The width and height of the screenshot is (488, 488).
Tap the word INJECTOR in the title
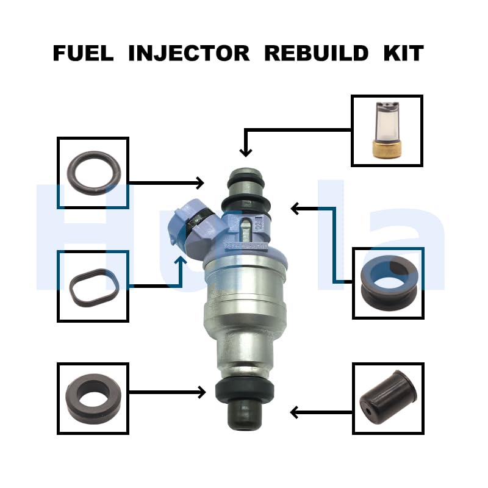(189, 53)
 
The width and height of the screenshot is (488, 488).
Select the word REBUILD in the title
(316, 53)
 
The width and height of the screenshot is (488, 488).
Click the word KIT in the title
(403, 53)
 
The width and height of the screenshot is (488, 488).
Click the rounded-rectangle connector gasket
(93, 285)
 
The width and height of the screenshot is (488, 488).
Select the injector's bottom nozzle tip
(244, 416)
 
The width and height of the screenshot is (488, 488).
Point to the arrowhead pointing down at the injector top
(245, 151)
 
